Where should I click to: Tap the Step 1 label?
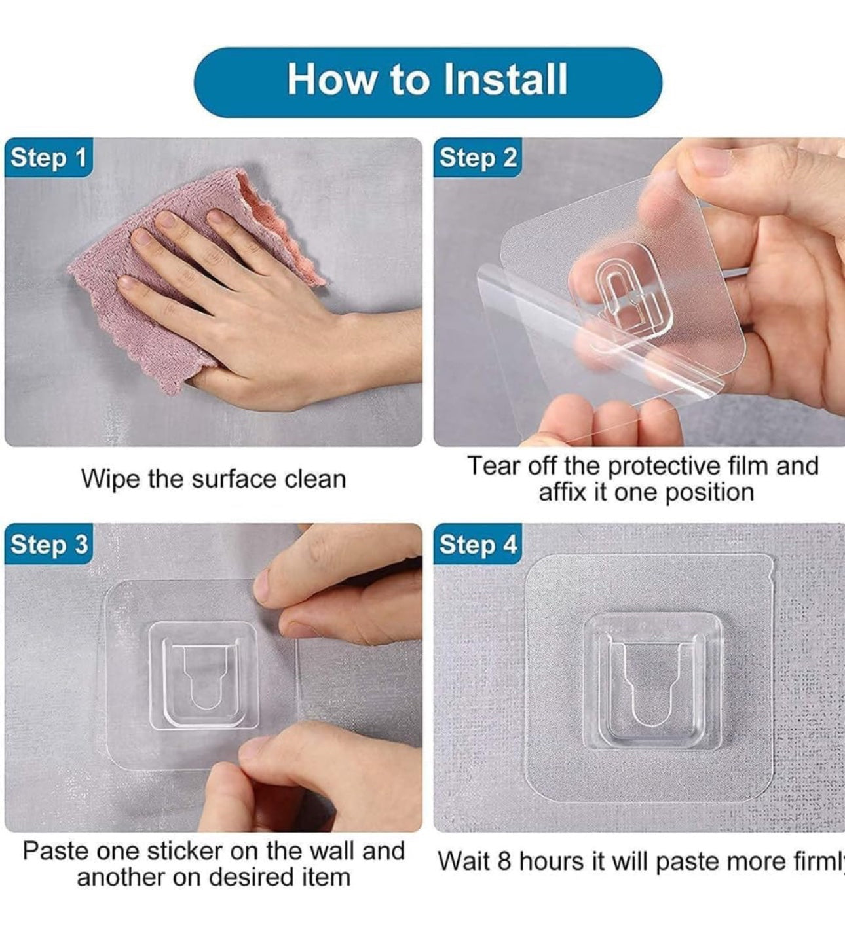pyautogui.click(x=48, y=157)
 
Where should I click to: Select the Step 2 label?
pyautogui.click(x=478, y=157)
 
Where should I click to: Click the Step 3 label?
pyautogui.click(x=48, y=544)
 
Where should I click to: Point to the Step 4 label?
pyautogui.click(x=478, y=544)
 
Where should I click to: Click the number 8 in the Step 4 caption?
pyautogui.click(x=504, y=861)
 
